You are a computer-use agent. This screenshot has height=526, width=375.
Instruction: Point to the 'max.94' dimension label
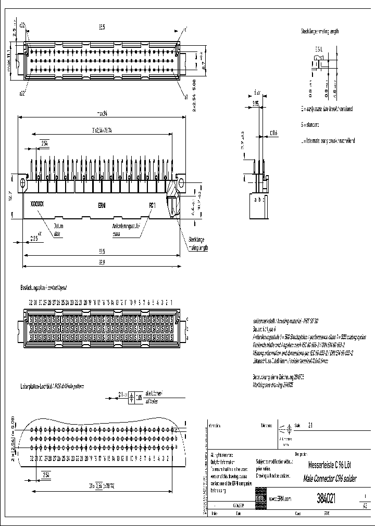pos(101,113)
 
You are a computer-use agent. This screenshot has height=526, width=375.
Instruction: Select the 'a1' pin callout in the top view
pos(185,97)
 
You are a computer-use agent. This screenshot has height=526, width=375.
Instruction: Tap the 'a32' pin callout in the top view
pos(22,94)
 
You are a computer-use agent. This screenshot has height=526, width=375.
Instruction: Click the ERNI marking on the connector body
pos(102,205)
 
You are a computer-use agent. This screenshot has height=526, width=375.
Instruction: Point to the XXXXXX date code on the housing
pos(37,205)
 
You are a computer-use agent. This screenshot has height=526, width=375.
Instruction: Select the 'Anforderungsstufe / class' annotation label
pos(127,230)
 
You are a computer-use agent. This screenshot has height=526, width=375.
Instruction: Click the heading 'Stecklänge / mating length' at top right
pos(319,31)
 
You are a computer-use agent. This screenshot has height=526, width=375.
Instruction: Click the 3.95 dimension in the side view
pos(255,103)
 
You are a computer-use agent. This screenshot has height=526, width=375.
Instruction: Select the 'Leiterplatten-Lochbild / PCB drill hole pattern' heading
pos(52,386)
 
